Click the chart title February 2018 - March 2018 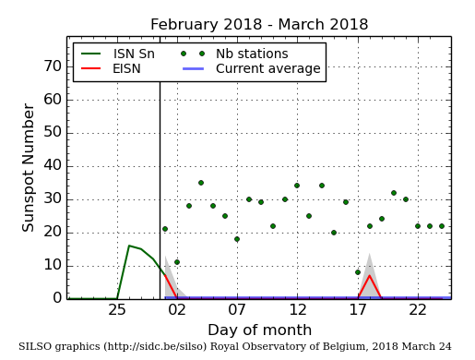click(259, 25)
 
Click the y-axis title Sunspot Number click(29, 167)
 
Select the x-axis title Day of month click(259, 330)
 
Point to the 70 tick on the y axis click(51, 66)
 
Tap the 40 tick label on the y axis click(51, 166)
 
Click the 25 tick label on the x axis click(117, 309)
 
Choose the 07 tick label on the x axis click(237, 309)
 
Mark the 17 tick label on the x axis click(358, 309)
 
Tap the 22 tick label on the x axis click(418, 309)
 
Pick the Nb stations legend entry click(251, 54)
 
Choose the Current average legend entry click(267, 69)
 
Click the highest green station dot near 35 click(201, 183)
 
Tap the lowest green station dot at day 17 click(358, 272)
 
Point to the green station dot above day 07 click(237, 239)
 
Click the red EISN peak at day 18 click(369, 275)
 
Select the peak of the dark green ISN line click(129, 246)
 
